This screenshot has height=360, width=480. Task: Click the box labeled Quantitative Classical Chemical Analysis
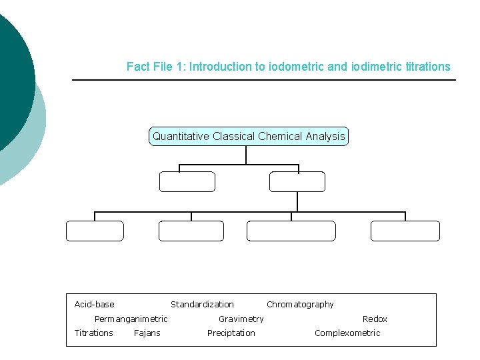pos(249,137)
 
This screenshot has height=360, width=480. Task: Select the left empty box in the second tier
pos(187,182)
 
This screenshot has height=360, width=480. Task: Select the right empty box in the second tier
pos(297,182)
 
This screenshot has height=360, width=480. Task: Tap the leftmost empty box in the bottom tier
pos(95,231)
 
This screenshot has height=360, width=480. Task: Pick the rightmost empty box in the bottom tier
pos(405,231)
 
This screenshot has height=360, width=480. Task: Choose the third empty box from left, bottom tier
pos(291,231)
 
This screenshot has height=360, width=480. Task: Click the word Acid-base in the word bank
pos(94,305)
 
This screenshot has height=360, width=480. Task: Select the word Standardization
pos(202,305)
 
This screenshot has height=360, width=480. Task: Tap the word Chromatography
pos(300,305)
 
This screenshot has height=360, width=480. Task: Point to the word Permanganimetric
pos(131,319)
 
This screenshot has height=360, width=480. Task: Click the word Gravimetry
pos(241,319)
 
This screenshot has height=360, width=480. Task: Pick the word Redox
pos(375,319)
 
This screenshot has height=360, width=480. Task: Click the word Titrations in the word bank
pos(93,333)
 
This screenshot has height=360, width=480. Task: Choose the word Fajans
pos(147,333)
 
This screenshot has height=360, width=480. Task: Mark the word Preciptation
pos(231,333)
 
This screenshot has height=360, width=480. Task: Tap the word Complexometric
pos(347,333)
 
